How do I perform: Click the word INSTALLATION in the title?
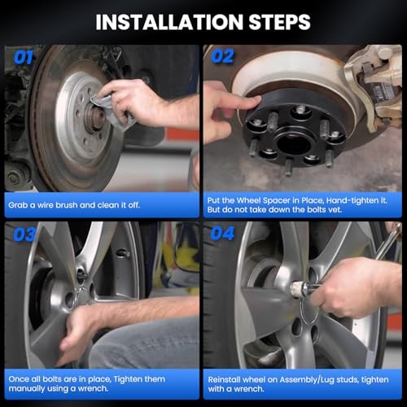(169, 22)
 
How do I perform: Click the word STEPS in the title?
(280, 22)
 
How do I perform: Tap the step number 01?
(24, 58)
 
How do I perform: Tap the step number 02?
(222, 56)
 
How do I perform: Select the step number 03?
(24, 234)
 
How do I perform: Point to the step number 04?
(222, 234)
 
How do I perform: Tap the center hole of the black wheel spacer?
(294, 143)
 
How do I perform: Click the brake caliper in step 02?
(374, 84)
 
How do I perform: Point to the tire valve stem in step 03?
(123, 253)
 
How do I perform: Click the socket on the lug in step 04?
(299, 289)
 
